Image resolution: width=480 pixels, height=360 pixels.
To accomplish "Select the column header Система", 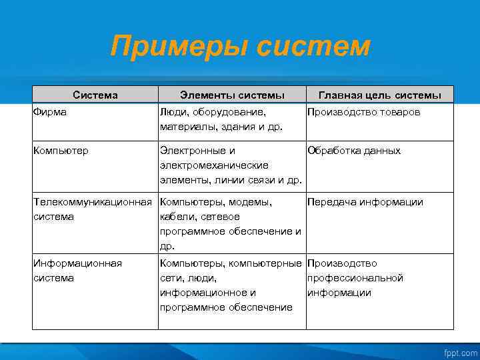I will [95, 95].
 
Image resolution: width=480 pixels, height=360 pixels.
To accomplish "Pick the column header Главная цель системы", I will [380, 95].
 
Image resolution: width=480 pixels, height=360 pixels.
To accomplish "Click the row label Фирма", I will [49, 112].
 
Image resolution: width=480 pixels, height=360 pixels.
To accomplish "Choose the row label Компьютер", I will [61, 151].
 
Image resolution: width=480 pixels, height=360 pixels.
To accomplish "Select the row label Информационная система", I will [77, 271].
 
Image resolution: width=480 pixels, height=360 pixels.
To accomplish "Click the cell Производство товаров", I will [363, 112].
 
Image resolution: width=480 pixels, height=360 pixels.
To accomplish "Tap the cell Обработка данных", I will [354, 151].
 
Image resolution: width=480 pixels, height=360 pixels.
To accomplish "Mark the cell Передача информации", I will [365, 202].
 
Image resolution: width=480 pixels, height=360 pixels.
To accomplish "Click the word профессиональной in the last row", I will [355, 278].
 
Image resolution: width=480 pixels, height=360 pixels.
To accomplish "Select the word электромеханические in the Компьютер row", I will [214, 165].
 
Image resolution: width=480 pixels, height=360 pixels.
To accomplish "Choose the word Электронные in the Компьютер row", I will [193, 151].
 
